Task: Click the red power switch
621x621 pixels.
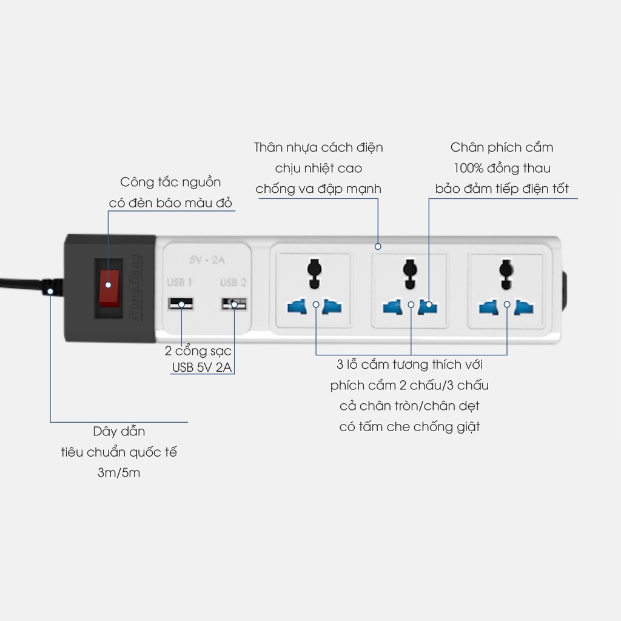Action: click(x=109, y=288)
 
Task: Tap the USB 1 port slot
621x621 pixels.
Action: click(x=181, y=304)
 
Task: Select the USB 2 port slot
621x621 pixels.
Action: click(x=233, y=304)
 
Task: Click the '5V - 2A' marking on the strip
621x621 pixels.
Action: click(x=207, y=260)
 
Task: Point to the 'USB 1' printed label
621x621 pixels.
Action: click(x=180, y=283)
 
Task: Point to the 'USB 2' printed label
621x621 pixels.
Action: click(x=233, y=283)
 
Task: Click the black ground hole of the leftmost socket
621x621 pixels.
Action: click(x=315, y=274)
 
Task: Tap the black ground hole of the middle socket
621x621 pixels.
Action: click(x=410, y=274)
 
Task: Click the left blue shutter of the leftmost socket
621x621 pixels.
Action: click(x=297, y=307)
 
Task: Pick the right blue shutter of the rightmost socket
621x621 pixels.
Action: click(x=523, y=307)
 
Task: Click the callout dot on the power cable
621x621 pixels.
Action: click(x=50, y=292)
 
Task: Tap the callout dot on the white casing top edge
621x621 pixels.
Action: click(x=378, y=246)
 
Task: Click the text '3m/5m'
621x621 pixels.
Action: click(x=119, y=472)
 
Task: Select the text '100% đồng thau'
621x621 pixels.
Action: click(x=502, y=169)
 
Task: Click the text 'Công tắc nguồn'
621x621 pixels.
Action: click(x=170, y=182)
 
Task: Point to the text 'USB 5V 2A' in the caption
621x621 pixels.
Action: click(x=202, y=367)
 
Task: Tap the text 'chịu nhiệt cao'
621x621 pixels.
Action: click(x=318, y=169)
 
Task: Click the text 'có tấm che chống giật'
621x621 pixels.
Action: click(x=409, y=426)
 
